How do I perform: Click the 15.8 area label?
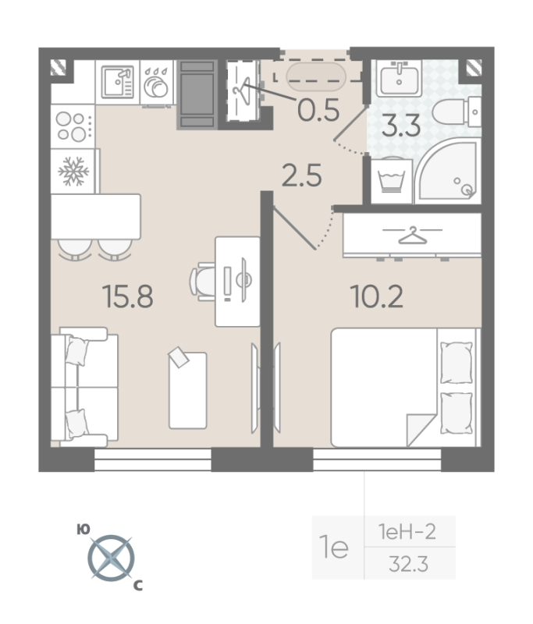point(127,296)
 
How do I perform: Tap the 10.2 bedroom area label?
point(377,296)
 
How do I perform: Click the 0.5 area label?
point(319,112)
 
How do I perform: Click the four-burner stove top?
point(73,126)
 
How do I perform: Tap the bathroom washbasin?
point(400,77)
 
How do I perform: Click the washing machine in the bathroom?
point(388,181)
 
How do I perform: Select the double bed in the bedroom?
point(403,387)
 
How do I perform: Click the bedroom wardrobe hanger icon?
point(411,234)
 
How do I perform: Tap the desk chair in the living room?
point(204,280)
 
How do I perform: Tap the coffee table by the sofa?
point(187,389)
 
